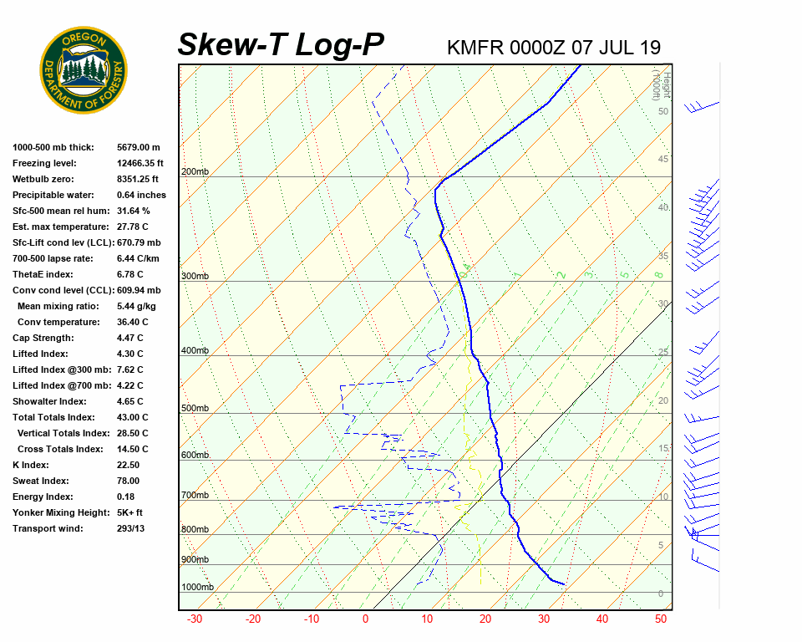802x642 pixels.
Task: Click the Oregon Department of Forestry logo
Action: [84, 70]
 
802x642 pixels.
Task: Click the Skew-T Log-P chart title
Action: [281, 45]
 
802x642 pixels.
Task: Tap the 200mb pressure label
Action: [195, 172]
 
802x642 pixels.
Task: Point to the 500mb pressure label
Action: [195, 409]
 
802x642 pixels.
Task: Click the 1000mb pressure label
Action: [197, 588]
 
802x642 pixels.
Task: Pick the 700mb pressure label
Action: [195, 496]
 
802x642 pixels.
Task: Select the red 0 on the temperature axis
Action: [365, 619]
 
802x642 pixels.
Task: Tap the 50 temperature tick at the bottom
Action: [660, 619]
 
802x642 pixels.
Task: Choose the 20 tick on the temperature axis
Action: [485, 619]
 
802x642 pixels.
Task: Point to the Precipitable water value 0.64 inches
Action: [141, 196]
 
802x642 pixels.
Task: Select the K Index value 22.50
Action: [129, 466]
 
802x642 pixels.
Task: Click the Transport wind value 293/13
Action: [130, 529]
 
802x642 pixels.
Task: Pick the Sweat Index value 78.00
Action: [129, 481]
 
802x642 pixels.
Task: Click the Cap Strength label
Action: [43, 339]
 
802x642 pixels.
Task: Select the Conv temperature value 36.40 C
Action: [132, 323]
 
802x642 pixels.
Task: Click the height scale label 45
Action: [663, 160]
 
